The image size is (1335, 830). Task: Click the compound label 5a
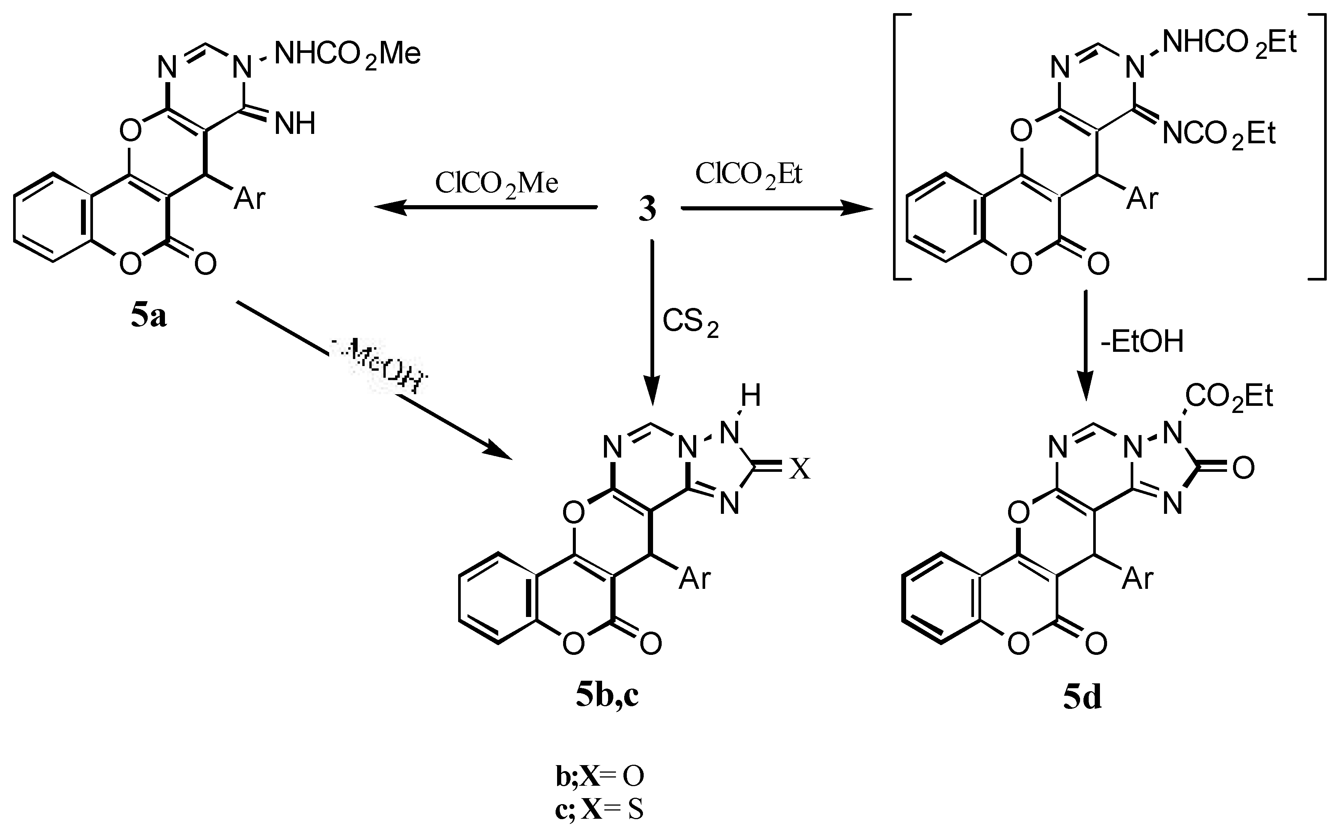click(148, 317)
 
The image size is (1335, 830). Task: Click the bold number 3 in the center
click(647, 210)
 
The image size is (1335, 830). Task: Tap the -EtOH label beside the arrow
click(1142, 341)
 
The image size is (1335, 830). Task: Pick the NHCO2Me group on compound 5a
click(347, 55)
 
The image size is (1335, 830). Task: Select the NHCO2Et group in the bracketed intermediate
click(1229, 43)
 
